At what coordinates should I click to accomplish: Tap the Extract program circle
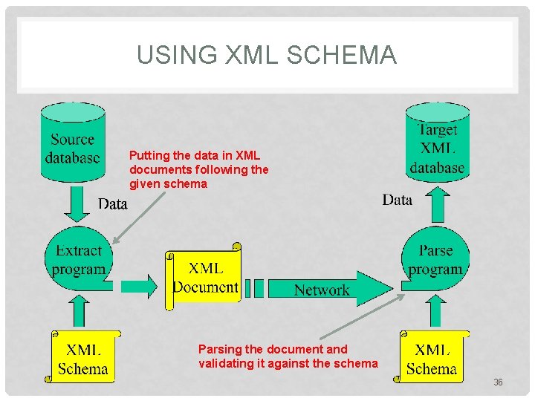[x=78, y=260]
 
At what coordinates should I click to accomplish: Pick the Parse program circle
[x=435, y=260]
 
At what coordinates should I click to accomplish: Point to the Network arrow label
[x=322, y=290]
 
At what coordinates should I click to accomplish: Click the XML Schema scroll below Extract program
[x=83, y=358]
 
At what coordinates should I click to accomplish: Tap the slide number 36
[x=498, y=382]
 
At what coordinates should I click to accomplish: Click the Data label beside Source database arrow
[x=113, y=203]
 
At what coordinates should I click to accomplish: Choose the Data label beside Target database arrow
[x=398, y=199]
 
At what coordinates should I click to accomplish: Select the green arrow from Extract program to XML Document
[x=139, y=284]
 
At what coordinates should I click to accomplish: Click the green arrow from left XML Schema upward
[x=78, y=311]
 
